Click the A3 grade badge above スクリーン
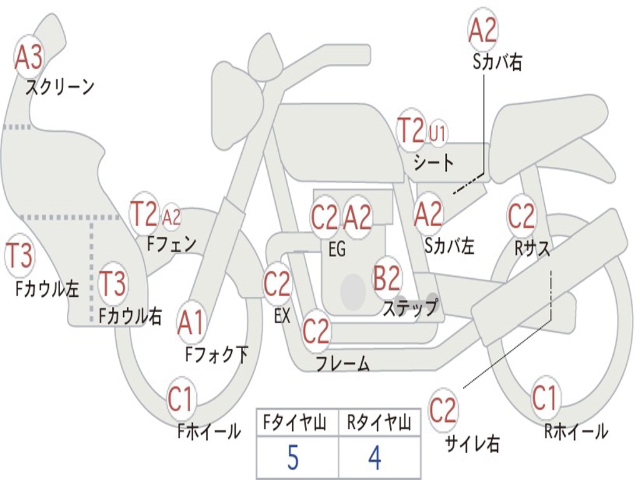click(x=29, y=58)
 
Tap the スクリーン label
click(x=59, y=87)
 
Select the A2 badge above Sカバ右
click(x=482, y=31)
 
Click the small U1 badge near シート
click(x=437, y=132)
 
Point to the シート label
click(x=434, y=163)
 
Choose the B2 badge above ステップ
click(x=387, y=279)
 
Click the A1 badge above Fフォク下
click(x=191, y=324)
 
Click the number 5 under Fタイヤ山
click(x=293, y=458)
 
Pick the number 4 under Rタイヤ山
click(x=374, y=458)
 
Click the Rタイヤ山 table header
click(x=379, y=424)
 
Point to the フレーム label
click(x=342, y=364)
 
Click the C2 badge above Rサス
click(x=521, y=216)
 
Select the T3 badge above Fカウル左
click(x=19, y=256)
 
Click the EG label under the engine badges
click(x=337, y=249)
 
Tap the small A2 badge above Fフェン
click(x=171, y=217)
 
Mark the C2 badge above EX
click(x=277, y=284)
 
